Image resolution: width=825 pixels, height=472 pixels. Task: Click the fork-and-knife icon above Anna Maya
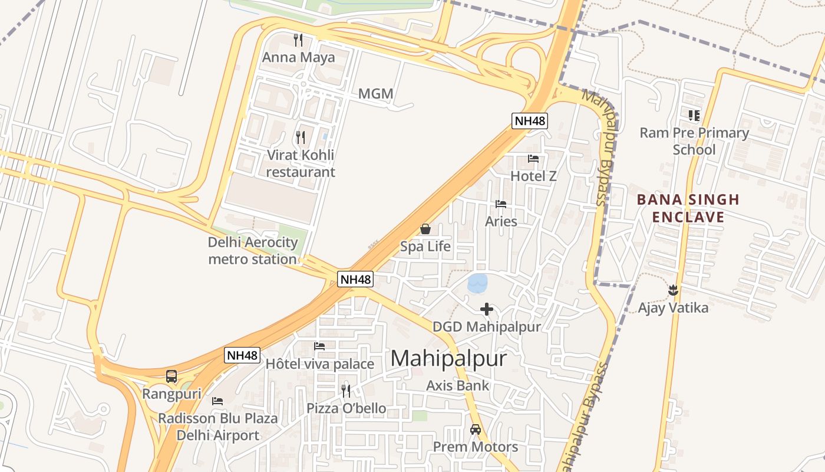[x=298, y=40]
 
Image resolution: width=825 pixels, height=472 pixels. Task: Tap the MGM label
[x=375, y=94]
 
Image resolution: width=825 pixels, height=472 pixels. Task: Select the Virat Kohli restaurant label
[x=300, y=163]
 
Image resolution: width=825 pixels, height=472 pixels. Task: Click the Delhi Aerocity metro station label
[x=252, y=251]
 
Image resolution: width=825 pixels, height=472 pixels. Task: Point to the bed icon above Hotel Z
[x=533, y=159]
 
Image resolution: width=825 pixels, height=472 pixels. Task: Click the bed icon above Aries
[x=501, y=204]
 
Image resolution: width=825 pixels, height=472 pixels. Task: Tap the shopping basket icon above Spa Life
[x=425, y=229]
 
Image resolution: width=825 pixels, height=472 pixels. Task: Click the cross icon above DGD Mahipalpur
[x=486, y=309]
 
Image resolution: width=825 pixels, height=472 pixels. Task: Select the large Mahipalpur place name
[x=448, y=359]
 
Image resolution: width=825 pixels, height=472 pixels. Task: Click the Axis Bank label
[x=458, y=386]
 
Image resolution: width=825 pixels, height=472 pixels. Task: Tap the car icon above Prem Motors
[x=476, y=430]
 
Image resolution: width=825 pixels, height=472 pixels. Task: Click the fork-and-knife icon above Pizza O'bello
[x=346, y=391]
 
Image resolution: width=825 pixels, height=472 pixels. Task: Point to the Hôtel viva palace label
[x=319, y=364]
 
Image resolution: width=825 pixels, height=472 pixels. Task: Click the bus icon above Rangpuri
[x=171, y=376]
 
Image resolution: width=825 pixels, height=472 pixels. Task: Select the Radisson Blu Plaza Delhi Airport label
[x=218, y=427]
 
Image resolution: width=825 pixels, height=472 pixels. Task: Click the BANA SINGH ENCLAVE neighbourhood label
[x=688, y=208]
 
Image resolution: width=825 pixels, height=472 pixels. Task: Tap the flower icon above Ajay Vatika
[x=673, y=290]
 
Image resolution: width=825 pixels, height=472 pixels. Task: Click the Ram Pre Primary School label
[x=694, y=141]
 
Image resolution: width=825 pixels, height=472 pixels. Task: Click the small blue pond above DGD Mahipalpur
[x=478, y=283]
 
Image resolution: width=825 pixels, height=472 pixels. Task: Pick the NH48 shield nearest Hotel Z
[x=530, y=121]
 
